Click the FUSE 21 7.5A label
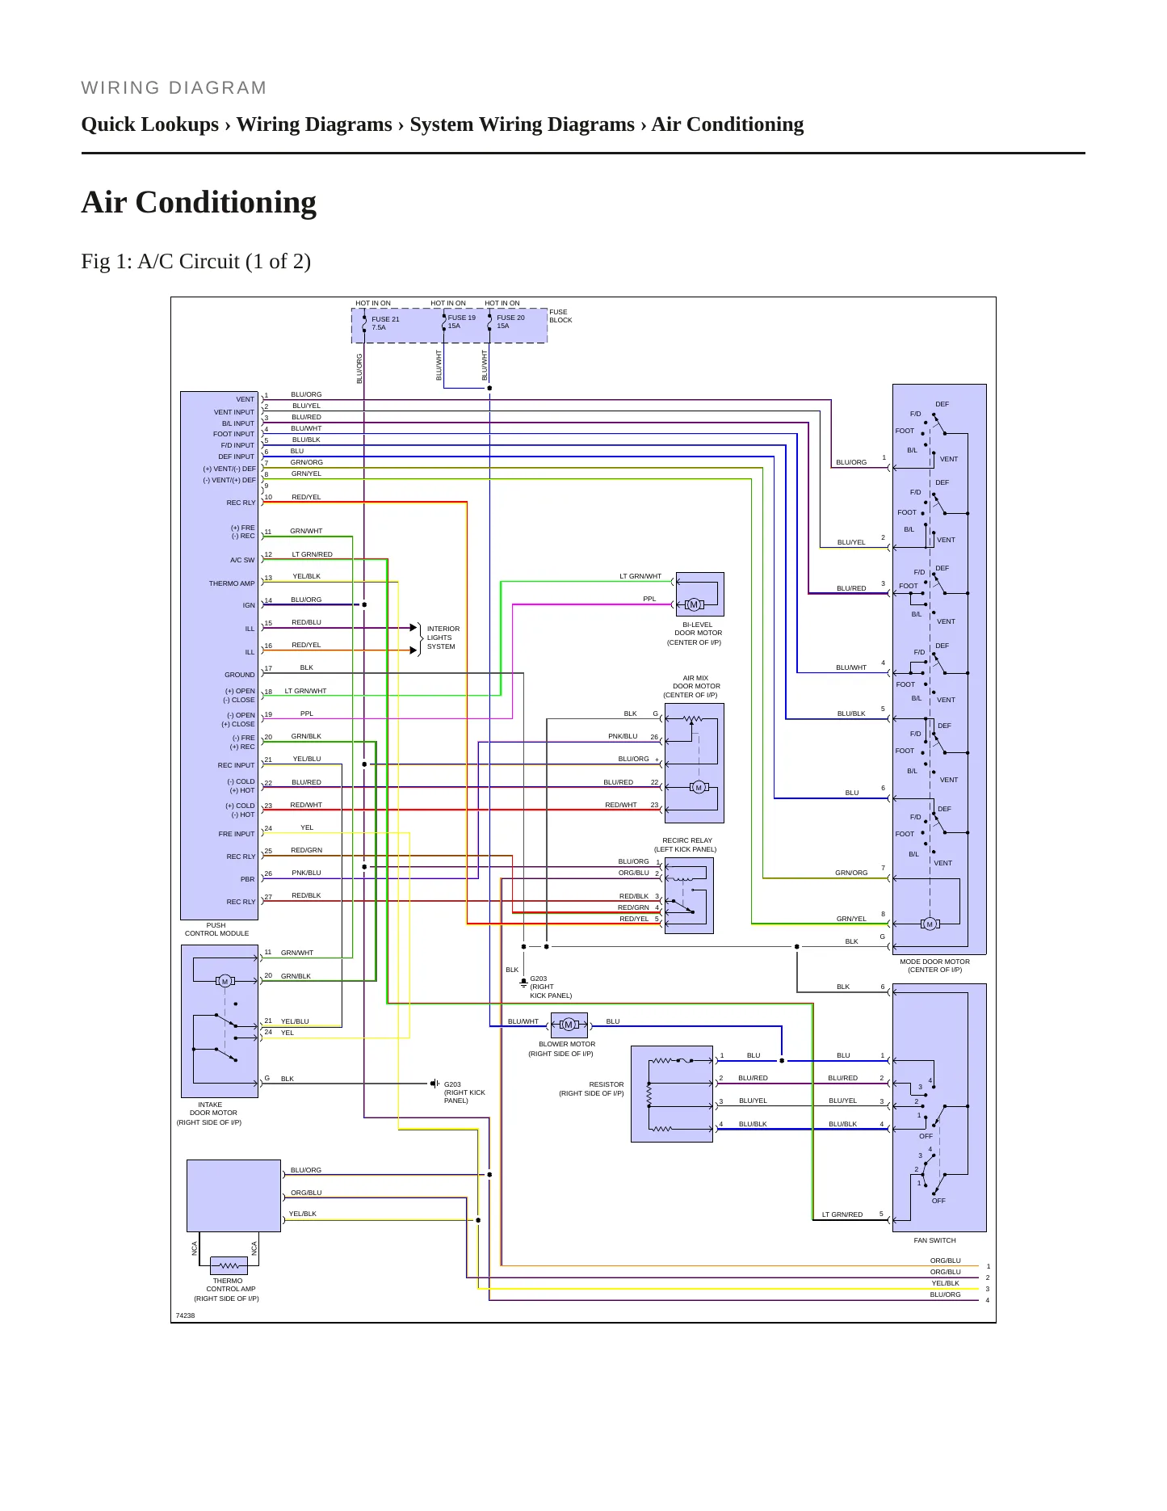385,323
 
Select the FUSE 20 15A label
510,322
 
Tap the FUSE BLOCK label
560,316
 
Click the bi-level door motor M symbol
693,604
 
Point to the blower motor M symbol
569,1025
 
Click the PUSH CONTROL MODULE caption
216,929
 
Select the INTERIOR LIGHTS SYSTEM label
443,638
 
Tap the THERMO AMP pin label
232,583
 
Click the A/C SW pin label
242,560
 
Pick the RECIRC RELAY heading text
686,840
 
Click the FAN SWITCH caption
934,1240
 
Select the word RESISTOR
606,1084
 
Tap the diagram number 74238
185,1315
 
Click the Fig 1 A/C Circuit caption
196,261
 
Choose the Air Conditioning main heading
199,202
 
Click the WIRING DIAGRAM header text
174,88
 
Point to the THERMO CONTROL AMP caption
229,1285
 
